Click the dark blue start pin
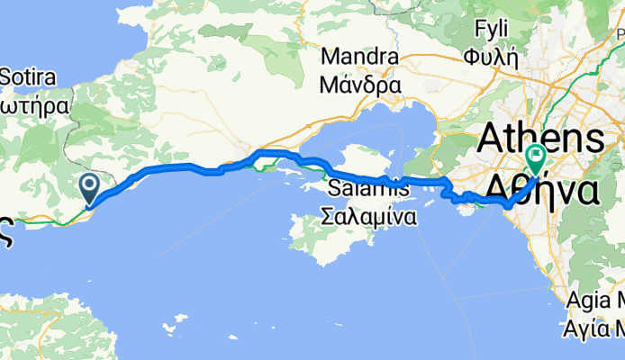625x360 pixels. [90, 186]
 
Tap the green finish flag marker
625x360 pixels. [537, 159]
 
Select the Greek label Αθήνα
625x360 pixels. [545, 190]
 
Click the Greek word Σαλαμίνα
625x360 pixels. [369, 217]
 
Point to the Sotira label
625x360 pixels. [33, 76]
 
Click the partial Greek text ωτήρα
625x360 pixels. [35, 103]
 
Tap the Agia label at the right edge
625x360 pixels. [598, 301]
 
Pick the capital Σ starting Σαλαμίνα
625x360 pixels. [329, 217]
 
